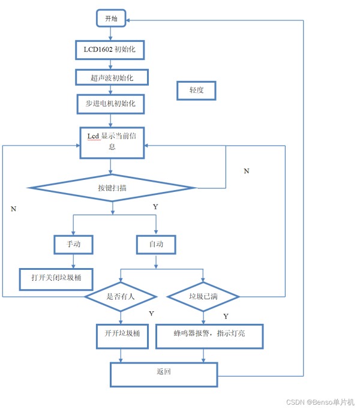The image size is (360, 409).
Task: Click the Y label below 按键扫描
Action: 155,207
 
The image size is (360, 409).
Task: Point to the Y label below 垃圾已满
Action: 226,317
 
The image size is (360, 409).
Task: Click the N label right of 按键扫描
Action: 247,171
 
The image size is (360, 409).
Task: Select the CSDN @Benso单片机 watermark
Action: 320,402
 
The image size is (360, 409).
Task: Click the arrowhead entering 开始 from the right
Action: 128,20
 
